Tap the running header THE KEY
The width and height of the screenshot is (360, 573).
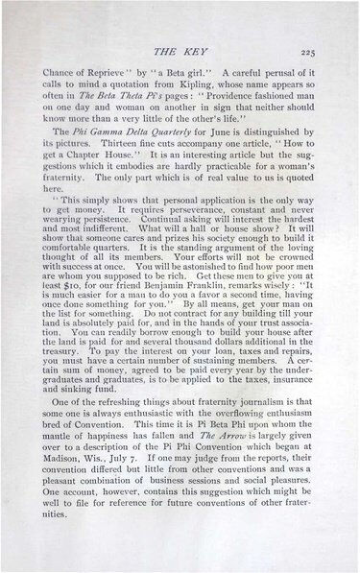point(180,50)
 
